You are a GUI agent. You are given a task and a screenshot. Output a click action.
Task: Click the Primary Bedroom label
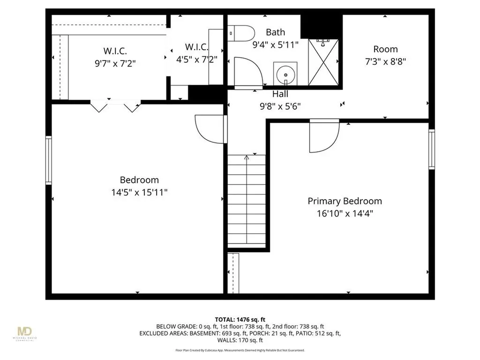(345, 201)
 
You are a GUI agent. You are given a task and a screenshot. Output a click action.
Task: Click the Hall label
(280, 94)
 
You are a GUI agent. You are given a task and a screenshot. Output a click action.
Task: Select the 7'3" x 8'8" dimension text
(385, 61)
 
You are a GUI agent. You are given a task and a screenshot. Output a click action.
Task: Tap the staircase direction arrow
(247, 158)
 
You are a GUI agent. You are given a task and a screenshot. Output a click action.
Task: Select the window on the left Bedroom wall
(48, 160)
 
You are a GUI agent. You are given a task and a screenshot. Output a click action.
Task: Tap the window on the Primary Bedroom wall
(431, 149)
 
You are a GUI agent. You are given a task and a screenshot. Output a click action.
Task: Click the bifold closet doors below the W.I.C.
(115, 105)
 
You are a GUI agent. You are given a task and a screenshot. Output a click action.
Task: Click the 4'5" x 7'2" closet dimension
(196, 60)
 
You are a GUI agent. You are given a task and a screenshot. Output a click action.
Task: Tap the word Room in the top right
(385, 49)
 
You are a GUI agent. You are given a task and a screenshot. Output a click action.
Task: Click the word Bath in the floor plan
(275, 32)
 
